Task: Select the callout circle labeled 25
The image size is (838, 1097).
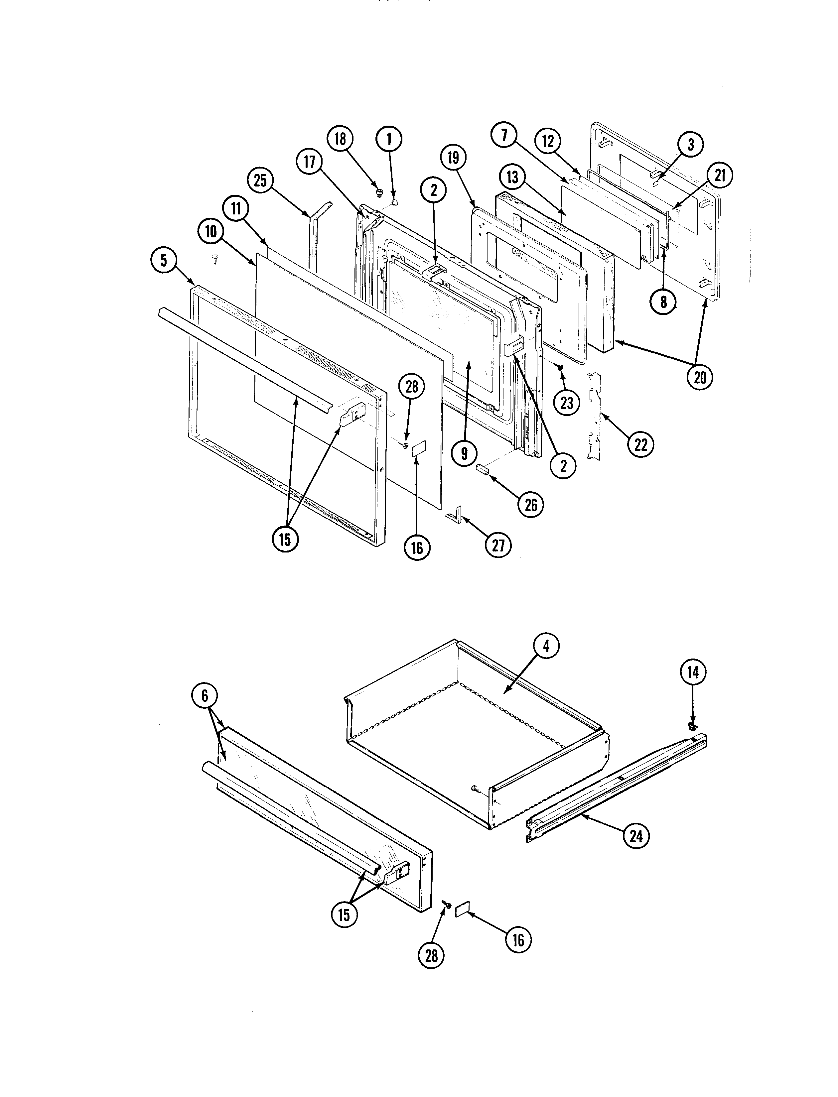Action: tap(260, 181)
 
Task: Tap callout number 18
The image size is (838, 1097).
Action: tap(340, 139)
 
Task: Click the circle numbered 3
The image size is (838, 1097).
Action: tap(690, 145)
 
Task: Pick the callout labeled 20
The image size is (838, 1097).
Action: tap(700, 378)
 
